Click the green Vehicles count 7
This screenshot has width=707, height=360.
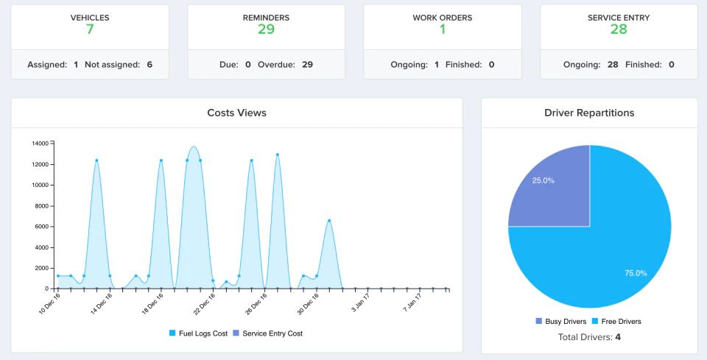point(90,29)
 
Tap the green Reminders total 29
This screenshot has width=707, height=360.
point(266,29)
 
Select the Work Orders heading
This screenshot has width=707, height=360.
point(443,18)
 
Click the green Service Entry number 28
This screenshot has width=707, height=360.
point(619,29)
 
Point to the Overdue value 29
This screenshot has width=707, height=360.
point(307,65)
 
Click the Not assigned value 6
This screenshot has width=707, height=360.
point(150,65)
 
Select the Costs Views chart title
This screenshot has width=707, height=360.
point(236,113)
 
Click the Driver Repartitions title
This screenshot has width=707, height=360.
point(589,113)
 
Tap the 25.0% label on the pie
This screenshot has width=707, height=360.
point(544,180)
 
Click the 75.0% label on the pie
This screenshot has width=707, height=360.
point(636,273)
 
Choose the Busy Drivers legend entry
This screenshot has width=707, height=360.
point(561,321)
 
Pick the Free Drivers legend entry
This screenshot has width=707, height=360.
point(616,321)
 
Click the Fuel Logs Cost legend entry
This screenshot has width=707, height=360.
point(198,333)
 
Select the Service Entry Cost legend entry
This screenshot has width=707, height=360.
point(267,333)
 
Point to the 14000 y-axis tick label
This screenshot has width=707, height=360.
point(40,144)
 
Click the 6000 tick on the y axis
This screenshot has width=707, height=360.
point(41,227)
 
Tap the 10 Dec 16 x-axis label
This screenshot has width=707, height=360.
point(49,303)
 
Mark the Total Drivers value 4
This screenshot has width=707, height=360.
point(618,337)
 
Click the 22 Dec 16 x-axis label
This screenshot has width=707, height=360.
point(204,303)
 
